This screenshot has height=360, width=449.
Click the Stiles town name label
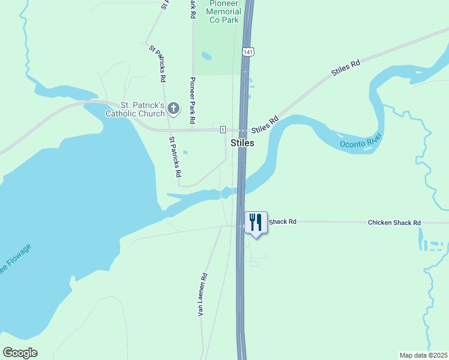243,143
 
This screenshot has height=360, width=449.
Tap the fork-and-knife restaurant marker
256,222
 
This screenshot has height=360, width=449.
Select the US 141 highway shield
247,52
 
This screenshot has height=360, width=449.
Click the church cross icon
173,109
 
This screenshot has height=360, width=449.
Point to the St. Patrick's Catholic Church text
134,109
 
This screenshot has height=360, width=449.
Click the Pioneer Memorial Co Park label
225,11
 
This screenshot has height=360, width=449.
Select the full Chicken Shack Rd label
394,223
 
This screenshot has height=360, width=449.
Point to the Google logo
20,353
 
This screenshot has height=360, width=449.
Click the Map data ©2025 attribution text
423,355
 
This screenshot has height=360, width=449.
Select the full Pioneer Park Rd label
193,100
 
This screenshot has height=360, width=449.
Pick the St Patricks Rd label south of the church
175,157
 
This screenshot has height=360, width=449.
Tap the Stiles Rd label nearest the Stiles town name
266,124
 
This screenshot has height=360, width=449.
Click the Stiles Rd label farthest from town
346,67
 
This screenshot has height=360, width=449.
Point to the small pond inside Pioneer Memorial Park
207,56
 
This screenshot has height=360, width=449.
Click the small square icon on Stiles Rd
223,130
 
